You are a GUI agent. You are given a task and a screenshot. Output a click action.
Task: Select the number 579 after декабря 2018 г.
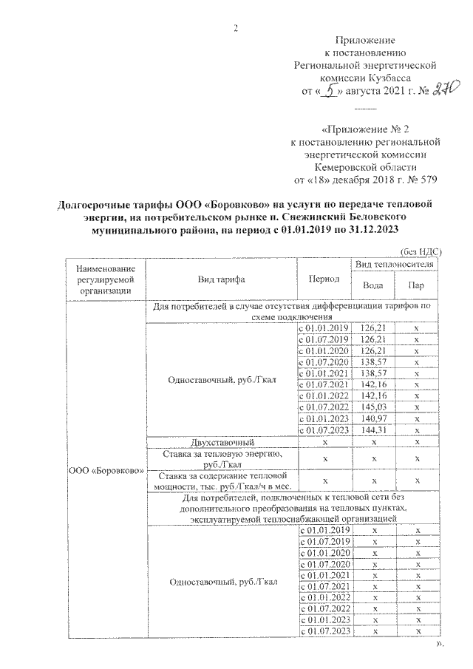423,179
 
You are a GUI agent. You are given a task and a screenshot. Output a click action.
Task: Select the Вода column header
373,286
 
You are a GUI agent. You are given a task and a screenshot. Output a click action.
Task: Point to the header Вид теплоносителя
395,265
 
